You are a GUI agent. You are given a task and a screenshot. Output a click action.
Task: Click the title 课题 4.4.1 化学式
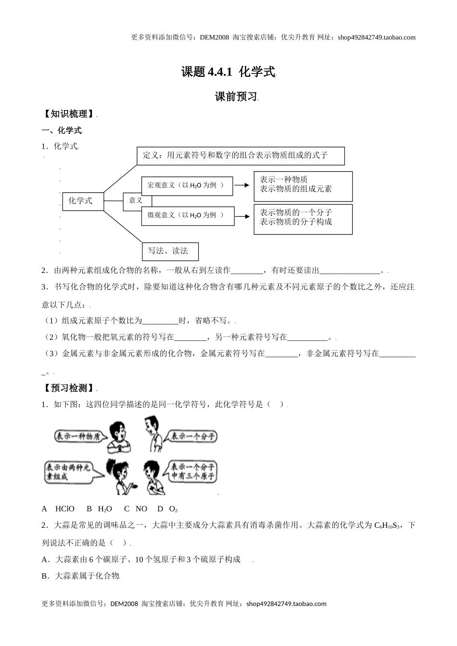tap(228, 72)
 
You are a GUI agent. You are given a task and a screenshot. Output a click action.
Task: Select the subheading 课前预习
tap(236, 97)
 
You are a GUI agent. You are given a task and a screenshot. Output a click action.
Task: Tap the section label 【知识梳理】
tap(69, 114)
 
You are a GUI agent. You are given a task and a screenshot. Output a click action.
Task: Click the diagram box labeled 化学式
tap(83, 201)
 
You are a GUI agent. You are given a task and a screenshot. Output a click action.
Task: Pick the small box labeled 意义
tap(136, 200)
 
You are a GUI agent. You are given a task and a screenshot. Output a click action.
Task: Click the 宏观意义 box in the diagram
tap(187, 186)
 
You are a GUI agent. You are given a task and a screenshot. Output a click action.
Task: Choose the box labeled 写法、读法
tap(170, 251)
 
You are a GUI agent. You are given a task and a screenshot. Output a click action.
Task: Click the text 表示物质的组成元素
tap(296, 189)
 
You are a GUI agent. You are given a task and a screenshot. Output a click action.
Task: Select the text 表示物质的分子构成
tap(296, 222)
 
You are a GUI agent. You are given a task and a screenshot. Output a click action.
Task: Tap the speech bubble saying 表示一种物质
tap(77, 436)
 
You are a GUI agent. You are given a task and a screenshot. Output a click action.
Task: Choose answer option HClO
tap(65, 509)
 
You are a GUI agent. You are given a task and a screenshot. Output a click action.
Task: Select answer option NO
tap(141, 509)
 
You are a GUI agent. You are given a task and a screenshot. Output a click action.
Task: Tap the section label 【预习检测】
tap(69, 388)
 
